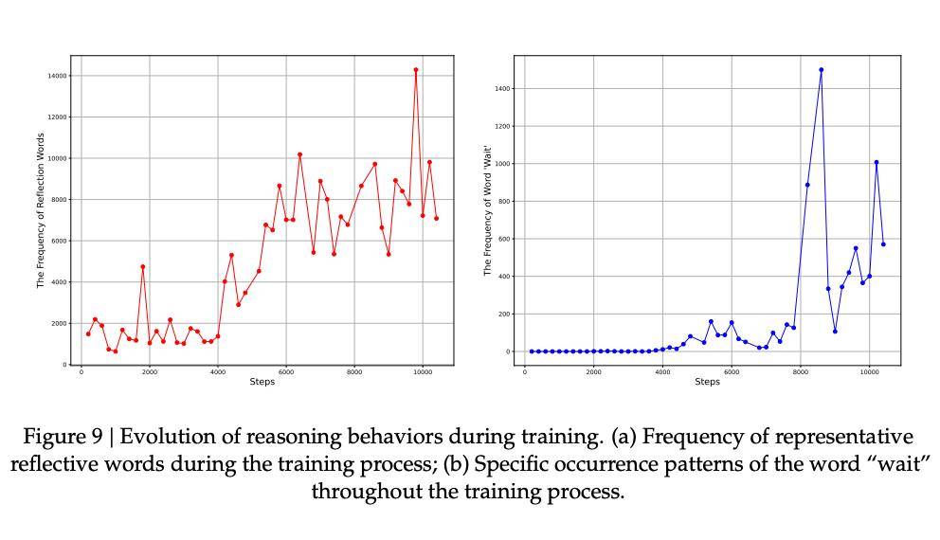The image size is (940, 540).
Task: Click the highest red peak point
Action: click(x=415, y=70)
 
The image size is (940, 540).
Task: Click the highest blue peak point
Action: click(x=821, y=70)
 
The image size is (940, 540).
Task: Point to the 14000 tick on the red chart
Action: click(x=58, y=76)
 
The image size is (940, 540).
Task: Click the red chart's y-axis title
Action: click(x=41, y=210)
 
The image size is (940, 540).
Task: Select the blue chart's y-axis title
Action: click(x=487, y=210)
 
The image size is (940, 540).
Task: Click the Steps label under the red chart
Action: click(x=262, y=382)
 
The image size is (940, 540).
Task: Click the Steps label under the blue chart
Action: click(x=707, y=382)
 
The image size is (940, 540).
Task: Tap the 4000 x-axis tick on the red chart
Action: click(x=217, y=372)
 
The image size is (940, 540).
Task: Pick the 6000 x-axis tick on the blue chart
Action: click(x=732, y=372)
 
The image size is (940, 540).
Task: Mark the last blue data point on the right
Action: click(x=883, y=244)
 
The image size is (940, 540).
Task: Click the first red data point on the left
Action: click(x=88, y=333)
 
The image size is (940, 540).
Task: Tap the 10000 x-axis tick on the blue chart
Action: click(x=869, y=372)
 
